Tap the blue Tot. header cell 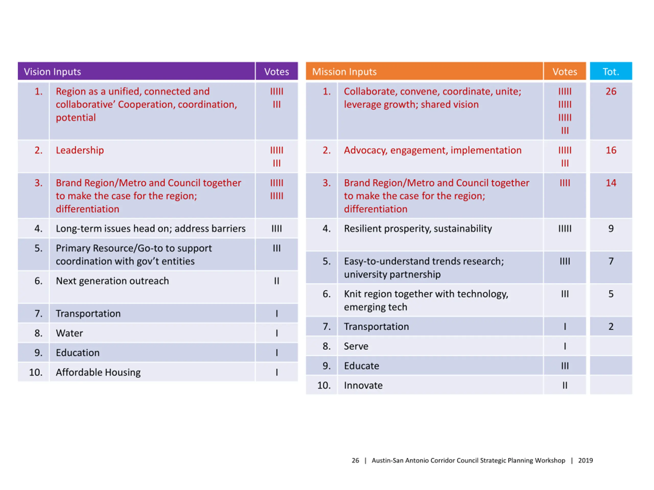coord(611,71)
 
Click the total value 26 coord(611,91)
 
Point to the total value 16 coord(611,150)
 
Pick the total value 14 coord(611,183)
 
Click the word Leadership coord(80,151)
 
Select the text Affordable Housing coord(98,372)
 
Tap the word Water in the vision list coord(69,333)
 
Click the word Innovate coord(363,385)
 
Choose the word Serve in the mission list coord(356,346)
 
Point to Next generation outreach coord(112,281)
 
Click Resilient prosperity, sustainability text coord(418,229)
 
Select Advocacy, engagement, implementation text coord(433,151)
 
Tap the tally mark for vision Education coord(277,353)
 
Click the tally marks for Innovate coord(565,385)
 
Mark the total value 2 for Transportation coord(611,327)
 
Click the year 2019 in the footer coord(586,460)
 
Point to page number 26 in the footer coord(355,460)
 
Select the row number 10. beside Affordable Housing coord(36,372)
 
